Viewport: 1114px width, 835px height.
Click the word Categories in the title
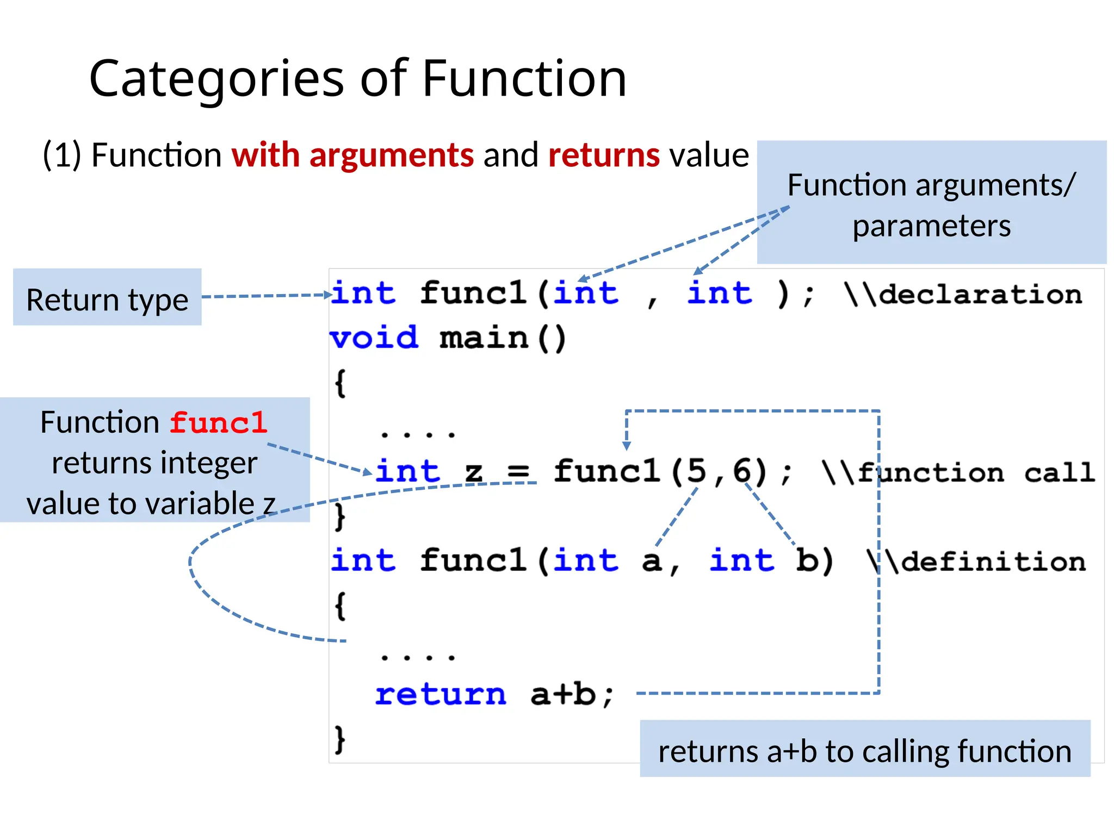point(216,79)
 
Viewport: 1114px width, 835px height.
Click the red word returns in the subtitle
point(604,155)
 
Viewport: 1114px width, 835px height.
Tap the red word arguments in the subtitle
point(392,155)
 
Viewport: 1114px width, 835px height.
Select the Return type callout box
point(107,297)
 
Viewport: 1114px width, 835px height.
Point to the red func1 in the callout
point(219,423)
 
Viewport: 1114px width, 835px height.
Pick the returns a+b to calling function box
point(865,750)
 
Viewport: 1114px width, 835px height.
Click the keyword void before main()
point(374,338)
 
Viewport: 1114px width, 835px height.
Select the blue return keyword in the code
point(441,694)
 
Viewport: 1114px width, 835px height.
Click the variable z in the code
point(473,472)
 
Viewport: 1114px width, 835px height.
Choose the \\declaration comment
point(963,295)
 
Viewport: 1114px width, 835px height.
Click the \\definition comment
point(976,561)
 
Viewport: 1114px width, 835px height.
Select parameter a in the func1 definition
point(652,561)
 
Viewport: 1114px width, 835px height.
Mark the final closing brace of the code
point(340,739)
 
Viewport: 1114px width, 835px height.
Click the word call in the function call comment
point(1059,472)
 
